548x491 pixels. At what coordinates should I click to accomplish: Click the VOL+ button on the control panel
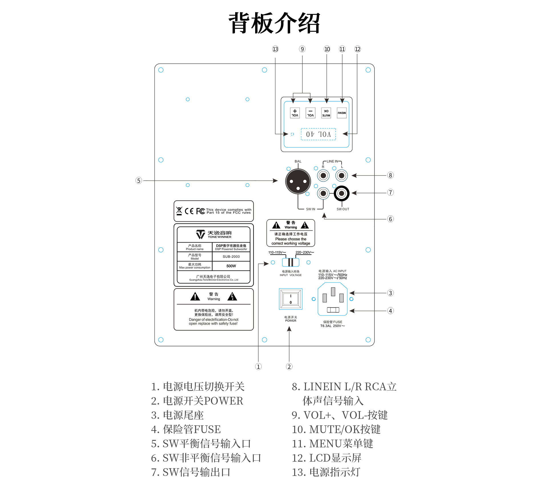pos(295,113)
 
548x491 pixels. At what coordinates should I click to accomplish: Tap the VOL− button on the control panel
pos(310,113)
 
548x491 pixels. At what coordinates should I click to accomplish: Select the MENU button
pos(342,113)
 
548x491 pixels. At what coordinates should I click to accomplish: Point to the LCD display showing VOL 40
pos(318,134)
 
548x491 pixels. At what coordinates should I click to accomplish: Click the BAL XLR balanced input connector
pos(298,181)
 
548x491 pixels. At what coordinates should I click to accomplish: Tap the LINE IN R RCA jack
pos(323,175)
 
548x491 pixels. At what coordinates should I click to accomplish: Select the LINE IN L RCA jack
pos(341,175)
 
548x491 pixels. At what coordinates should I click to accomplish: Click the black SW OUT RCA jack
pos(341,193)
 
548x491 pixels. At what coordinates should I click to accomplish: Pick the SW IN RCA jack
pos(323,193)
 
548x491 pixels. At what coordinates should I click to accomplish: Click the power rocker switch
pos(291,299)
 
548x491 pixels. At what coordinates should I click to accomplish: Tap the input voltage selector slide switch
pos(291,262)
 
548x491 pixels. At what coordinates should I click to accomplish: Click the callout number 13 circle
pos(275,49)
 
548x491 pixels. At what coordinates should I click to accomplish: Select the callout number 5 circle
pos(139,180)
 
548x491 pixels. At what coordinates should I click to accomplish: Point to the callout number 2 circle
pos(289,367)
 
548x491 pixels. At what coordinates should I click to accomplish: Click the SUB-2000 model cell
pos(231,256)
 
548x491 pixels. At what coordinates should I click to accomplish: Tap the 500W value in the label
pos(231,266)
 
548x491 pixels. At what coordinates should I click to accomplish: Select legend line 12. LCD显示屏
pos(327,458)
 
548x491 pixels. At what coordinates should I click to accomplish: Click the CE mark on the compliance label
pos(189,211)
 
